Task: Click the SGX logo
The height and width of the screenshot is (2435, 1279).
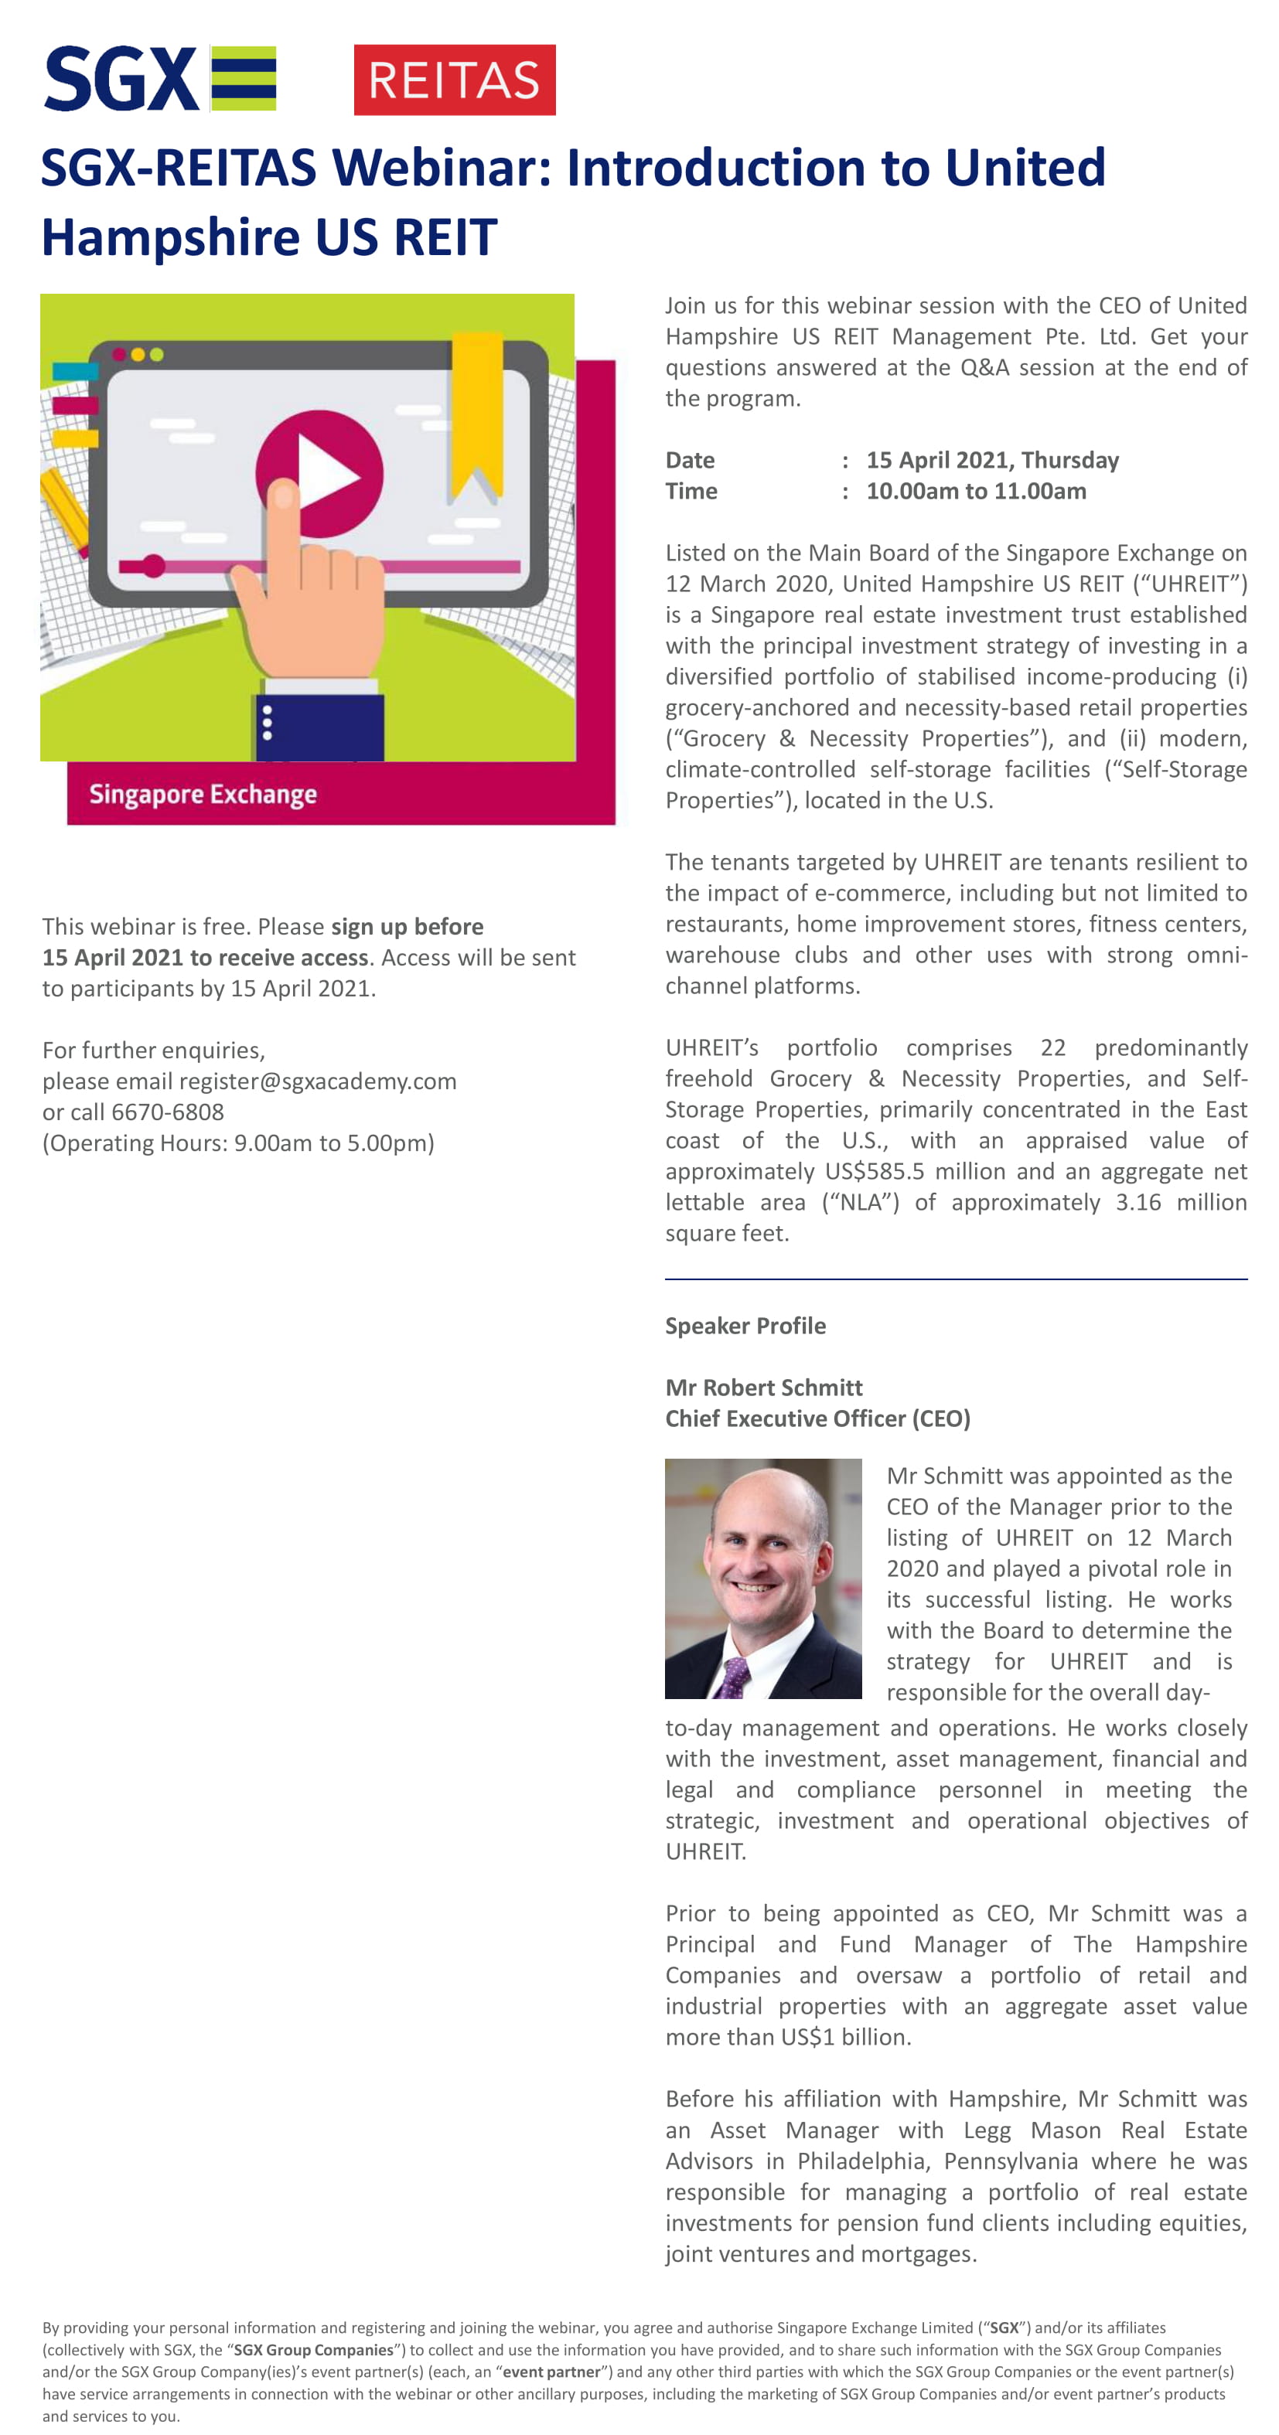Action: pyautogui.click(x=160, y=80)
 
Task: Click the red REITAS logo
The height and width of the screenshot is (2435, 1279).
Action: pyautogui.click(x=454, y=80)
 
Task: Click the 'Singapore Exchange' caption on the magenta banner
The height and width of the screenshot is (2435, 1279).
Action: pyautogui.click(x=203, y=794)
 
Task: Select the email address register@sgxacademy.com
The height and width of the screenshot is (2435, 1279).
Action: pyautogui.click(x=318, y=1081)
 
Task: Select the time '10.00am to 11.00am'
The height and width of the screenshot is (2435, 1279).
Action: pyautogui.click(x=976, y=492)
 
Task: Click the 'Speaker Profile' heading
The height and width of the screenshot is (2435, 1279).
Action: pyautogui.click(x=745, y=1326)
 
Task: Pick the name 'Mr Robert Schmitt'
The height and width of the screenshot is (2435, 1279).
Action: pyautogui.click(x=764, y=1388)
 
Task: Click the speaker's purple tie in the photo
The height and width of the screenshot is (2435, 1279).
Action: pyautogui.click(x=732, y=1678)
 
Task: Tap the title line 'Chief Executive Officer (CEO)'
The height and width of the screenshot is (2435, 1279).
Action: pyautogui.click(x=817, y=1418)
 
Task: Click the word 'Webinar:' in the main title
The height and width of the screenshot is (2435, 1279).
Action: pyautogui.click(x=441, y=169)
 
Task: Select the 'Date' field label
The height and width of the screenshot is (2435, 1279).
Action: pyautogui.click(x=690, y=461)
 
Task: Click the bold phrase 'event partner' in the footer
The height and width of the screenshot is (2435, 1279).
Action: pyautogui.click(x=551, y=2372)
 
